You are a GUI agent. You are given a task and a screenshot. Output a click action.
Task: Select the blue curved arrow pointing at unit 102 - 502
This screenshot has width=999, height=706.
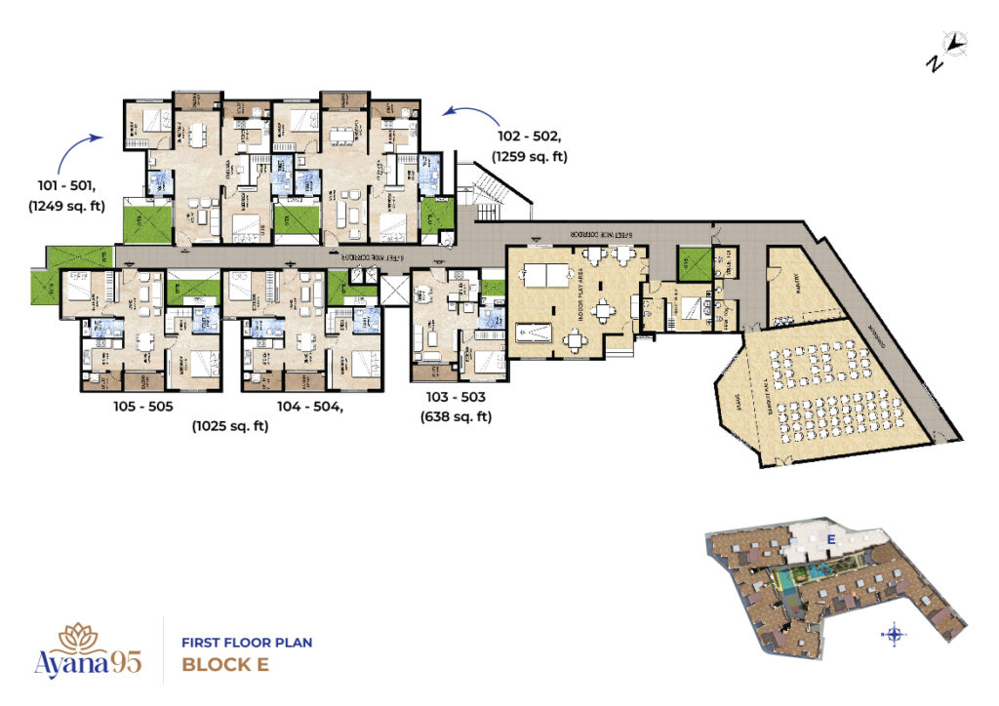pos(463,115)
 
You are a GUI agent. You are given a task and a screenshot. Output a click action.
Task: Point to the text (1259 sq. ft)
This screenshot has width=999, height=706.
pos(530,156)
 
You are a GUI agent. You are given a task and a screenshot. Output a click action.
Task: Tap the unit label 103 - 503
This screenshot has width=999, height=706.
pos(456,399)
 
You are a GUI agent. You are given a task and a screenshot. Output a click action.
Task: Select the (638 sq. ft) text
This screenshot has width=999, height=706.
pos(456,417)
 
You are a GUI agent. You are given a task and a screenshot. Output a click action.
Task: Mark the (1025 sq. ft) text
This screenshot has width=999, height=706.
pos(229,425)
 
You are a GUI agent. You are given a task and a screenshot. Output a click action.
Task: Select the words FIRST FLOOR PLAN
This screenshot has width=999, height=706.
pos(247,644)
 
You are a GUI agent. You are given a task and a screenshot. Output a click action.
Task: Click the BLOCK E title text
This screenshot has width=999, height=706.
pos(225,667)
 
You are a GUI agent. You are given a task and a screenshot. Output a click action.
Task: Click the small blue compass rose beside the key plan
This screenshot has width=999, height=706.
pos(894,635)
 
